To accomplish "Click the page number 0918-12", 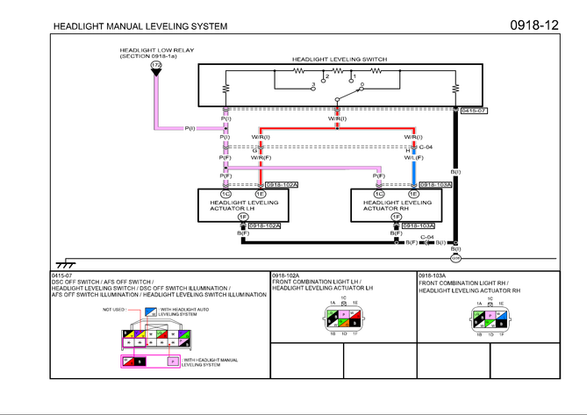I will (x=534, y=25).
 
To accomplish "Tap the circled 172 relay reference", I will (x=155, y=66).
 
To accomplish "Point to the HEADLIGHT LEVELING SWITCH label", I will (x=340, y=59).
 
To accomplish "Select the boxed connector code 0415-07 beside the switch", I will (x=473, y=111).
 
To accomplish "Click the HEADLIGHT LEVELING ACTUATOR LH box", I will (x=244, y=204).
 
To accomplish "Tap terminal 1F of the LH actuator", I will (x=243, y=216).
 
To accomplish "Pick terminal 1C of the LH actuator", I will (x=226, y=193).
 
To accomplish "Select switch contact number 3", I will (x=313, y=84).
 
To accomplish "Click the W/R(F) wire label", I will (x=261, y=157).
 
